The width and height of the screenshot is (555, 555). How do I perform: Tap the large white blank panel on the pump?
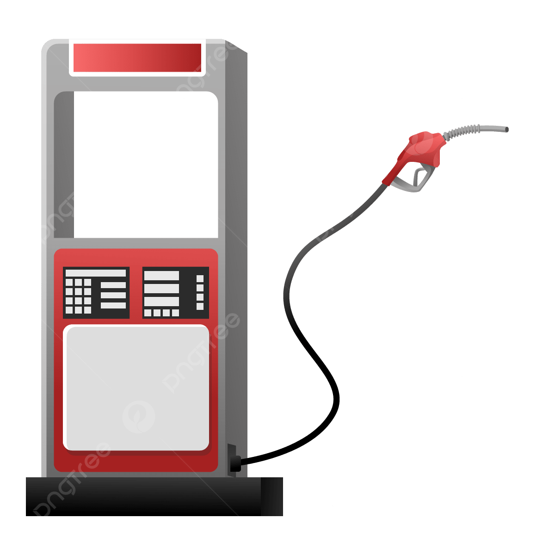[x=136, y=388]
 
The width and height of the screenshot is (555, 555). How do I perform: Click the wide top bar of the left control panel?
[x=96, y=273]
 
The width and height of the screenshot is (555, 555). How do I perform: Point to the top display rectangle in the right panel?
[x=161, y=276]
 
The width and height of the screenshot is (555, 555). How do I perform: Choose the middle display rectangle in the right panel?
[x=161, y=289]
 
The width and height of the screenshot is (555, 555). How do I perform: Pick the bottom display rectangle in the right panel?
[x=161, y=302]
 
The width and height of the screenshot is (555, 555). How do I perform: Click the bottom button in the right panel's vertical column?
[x=200, y=306]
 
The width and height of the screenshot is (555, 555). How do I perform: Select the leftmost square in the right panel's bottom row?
[x=148, y=313]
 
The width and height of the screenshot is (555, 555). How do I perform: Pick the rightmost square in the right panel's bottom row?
[x=175, y=313]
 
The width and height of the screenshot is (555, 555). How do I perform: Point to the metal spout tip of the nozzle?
[x=504, y=129]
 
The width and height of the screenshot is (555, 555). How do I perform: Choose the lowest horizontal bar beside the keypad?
[x=113, y=305]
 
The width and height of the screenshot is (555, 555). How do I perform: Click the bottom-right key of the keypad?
[x=87, y=310]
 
